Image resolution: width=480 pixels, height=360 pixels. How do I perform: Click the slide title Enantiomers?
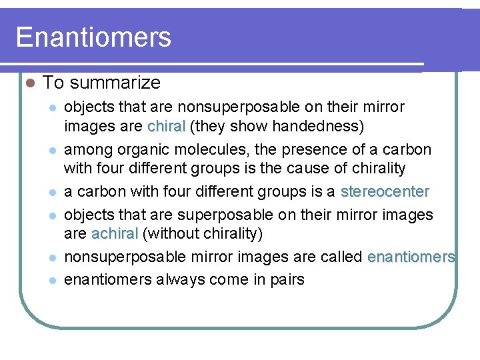(93, 37)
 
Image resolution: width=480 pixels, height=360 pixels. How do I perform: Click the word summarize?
(114, 83)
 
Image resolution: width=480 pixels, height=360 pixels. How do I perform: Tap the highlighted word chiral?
(167, 127)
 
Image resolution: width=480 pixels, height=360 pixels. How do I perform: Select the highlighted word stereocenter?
(385, 192)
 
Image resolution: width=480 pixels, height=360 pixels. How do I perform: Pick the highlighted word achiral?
(115, 234)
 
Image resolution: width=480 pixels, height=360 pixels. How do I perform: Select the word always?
(179, 279)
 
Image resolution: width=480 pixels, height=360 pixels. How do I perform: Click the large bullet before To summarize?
(27, 83)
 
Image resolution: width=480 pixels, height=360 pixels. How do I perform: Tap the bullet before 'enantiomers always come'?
(53, 280)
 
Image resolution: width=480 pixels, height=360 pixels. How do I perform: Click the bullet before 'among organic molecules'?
(53, 150)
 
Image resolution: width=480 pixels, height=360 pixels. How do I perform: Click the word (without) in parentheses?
(169, 234)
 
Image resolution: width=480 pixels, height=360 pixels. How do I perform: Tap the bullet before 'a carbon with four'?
(53, 193)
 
